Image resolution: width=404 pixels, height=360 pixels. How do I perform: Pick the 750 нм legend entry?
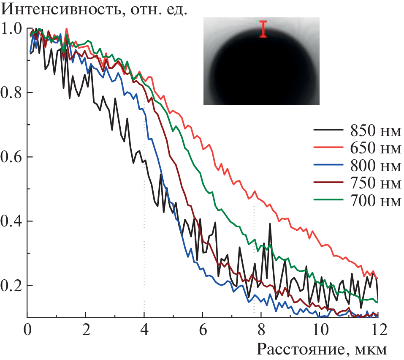[x=375, y=184]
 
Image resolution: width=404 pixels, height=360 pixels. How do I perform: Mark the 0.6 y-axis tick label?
[x=11, y=157]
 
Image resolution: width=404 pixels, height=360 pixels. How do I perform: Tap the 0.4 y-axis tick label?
[x=11, y=221]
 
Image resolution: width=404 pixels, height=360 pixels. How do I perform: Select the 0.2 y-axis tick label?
[x=11, y=286]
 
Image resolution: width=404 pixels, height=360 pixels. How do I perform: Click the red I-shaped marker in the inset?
[x=263, y=29]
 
